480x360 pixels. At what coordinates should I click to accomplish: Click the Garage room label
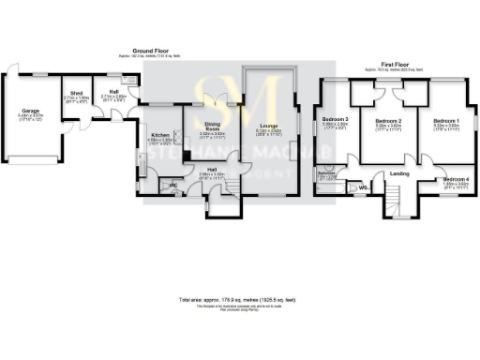31,111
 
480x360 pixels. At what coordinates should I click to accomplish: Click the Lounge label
268,125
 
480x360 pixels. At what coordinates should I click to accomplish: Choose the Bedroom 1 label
446,121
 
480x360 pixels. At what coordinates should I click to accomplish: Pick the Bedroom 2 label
388,121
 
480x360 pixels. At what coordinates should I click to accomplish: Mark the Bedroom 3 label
335,120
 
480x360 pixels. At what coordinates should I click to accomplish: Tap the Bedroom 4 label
456,178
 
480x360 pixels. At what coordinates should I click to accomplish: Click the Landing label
399,173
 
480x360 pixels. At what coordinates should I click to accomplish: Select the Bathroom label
326,172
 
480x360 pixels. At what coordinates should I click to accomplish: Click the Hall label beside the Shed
113,92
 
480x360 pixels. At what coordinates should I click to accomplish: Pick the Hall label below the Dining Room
213,170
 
